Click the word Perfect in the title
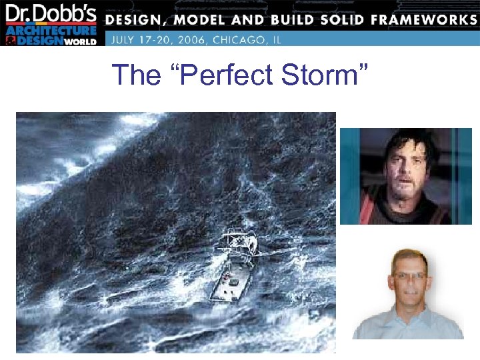[224, 75]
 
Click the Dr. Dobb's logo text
[51, 14]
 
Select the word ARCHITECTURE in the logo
[52, 31]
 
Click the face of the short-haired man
[408, 280]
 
